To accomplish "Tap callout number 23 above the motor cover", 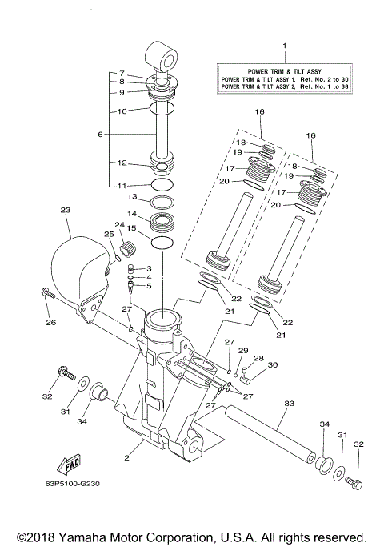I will pyautogui.click(x=66, y=211).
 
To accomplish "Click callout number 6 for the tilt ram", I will pyautogui.click(x=101, y=135).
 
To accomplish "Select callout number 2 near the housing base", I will pyautogui.click(x=126, y=459).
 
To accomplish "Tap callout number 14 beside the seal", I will pyautogui.click(x=134, y=214).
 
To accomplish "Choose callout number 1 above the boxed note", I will pyautogui.click(x=282, y=48).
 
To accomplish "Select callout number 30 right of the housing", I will pyautogui.click(x=273, y=364).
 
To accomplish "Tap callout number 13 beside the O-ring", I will pyautogui.click(x=134, y=196).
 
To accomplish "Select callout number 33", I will pyautogui.click(x=289, y=404).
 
